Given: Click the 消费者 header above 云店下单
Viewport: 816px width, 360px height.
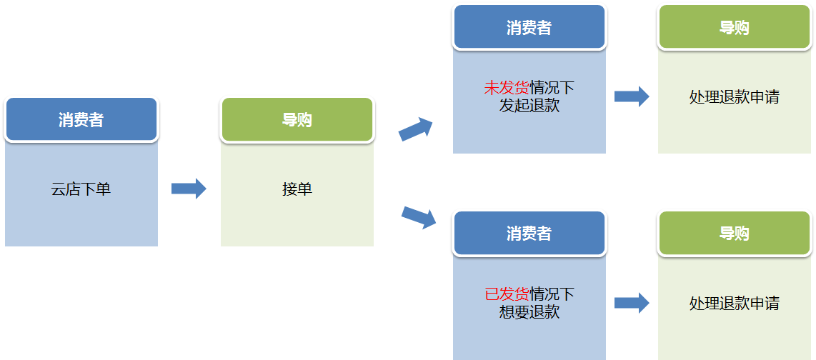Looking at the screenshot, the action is pyautogui.click(x=81, y=120).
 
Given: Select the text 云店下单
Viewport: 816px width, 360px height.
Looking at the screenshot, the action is pyautogui.click(x=81, y=189).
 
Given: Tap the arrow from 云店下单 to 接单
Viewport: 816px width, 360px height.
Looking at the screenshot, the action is pyautogui.click(x=189, y=189).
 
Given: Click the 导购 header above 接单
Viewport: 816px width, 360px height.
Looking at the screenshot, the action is pyautogui.click(x=297, y=120).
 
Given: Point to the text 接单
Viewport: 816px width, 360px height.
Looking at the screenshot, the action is pyautogui.click(x=297, y=189).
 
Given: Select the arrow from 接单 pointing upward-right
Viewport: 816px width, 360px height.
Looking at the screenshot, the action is pyautogui.click(x=415, y=130).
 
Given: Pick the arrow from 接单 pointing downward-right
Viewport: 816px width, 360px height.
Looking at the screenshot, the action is pyautogui.click(x=419, y=217).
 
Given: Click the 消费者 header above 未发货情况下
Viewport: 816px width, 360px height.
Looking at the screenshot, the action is pyautogui.click(x=529, y=28).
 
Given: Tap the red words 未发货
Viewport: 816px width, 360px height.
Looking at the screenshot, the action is pyautogui.click(x=507, y=88).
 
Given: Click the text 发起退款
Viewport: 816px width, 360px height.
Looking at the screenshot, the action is pyautogui.click(x=529, y=106).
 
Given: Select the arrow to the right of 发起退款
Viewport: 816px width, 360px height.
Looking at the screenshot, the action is pyautogui.click(x=632, y=96).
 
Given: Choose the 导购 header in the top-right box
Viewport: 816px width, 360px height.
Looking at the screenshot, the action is pyautogui.click(x=734, y=28).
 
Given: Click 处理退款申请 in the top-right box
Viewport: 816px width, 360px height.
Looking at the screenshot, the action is pyautogui.click(x=734, y=97).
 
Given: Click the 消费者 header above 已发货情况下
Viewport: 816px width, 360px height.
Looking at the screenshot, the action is pyautogui.click(x=529, y=234).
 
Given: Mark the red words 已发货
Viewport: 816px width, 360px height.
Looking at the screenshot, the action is pyautogui.click(x=507, y=294).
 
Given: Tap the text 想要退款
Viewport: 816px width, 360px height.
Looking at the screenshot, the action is pyautogui.click(x=529, y=311).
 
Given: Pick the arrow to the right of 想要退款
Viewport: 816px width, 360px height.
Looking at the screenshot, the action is pyautogui.click(x=632, y=303).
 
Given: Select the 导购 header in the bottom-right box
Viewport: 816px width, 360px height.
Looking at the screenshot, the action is pyautogui.click(x=734, y=234).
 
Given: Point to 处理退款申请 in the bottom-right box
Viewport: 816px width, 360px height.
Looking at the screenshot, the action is pyautogui.click(x=734, y=303).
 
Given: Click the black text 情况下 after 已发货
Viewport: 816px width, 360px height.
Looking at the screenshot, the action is pyautogui.click(x=552, y=294).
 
